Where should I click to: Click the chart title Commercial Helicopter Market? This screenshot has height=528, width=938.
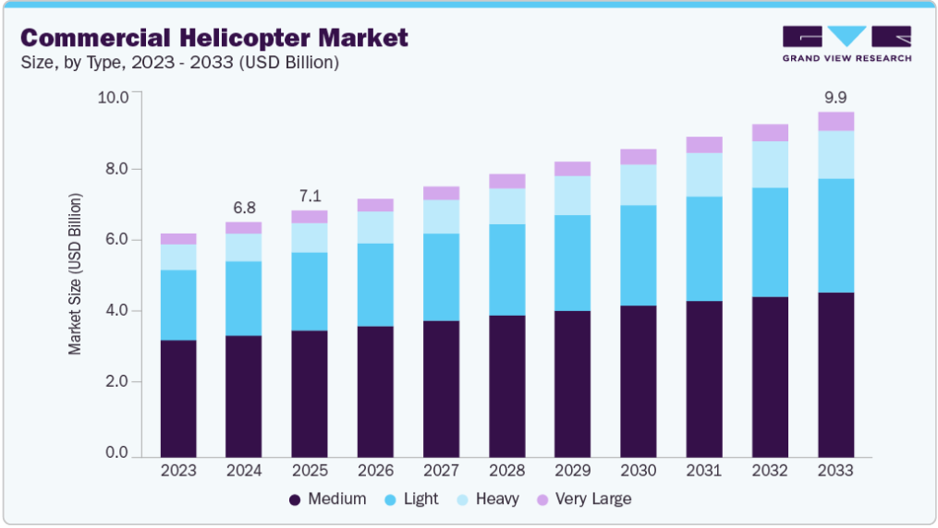213,38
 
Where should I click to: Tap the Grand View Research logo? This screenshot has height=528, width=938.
847,44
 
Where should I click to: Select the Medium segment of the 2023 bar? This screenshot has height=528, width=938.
178,398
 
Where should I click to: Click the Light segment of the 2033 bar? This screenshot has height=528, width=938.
835,235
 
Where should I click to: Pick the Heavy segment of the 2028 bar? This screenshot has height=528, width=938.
506,206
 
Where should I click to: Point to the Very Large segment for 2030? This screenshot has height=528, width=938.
638,157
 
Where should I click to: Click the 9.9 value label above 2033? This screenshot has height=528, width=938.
835,97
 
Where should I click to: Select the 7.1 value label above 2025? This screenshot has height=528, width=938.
310,196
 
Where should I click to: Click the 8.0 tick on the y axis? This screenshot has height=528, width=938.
117,169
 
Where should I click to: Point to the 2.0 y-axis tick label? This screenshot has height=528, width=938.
117,381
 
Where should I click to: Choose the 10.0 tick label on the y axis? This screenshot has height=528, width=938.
114,98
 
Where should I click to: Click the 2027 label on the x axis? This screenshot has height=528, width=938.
441,471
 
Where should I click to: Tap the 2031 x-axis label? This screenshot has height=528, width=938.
703,471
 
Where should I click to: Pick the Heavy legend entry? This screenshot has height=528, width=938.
488,499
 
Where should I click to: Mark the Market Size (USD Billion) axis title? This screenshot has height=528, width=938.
76,274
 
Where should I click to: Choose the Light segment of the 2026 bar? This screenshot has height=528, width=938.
375,284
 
